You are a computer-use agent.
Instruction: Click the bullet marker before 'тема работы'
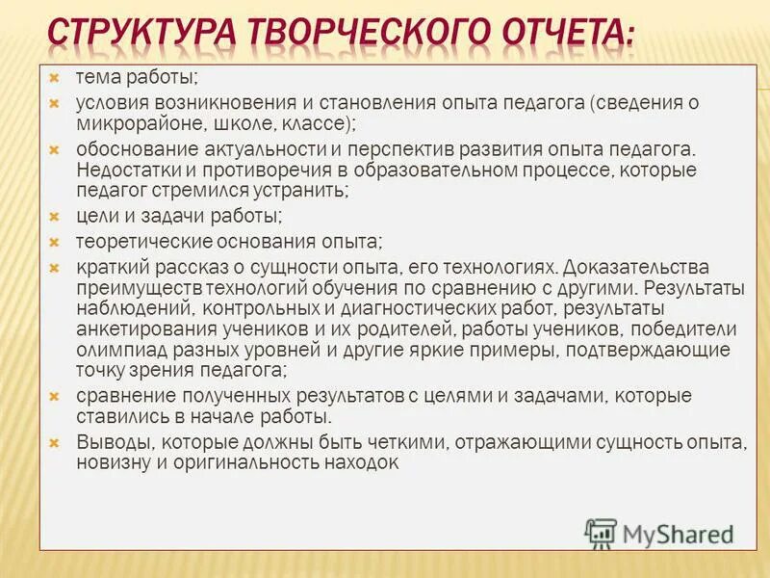[x=56, y=76]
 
